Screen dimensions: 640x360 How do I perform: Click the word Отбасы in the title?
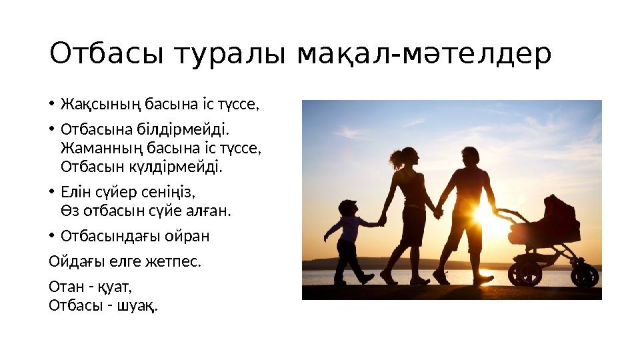coord(106,53)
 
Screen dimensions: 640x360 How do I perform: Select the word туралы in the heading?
coord(230,54)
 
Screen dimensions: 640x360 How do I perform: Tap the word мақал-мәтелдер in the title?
coord(424,54)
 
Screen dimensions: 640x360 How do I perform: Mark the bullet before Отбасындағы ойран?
coord(51,236)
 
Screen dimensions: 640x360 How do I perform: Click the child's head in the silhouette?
coord(348,208)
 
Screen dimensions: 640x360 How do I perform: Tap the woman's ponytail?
coord(397,159)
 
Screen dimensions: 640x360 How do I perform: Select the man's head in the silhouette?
coord(471,157)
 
